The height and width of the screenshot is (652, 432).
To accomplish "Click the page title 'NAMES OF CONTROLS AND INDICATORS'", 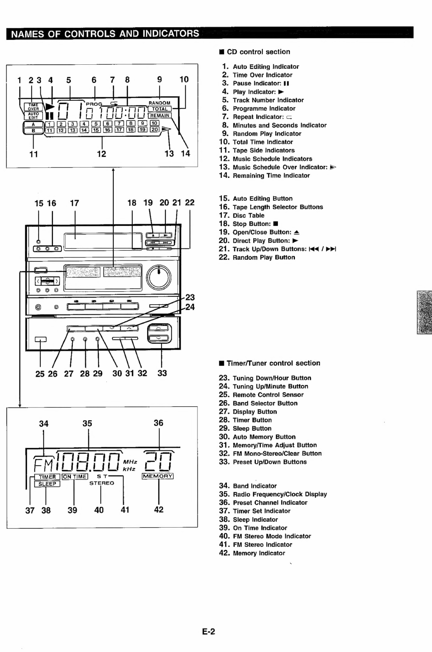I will pos(105,34).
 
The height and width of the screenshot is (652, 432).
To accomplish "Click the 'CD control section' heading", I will pos(258,52).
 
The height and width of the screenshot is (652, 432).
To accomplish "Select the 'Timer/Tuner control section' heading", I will pos(273,363).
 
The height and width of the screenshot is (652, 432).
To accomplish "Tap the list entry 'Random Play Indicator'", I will pos(267,134).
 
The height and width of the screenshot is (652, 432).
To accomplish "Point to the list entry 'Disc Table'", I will pos(248,216).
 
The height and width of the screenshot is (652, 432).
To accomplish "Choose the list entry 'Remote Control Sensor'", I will pos(268,395).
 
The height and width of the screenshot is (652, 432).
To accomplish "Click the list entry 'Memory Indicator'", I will pos(259,553).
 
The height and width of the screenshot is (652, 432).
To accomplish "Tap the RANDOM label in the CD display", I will pos(159,103).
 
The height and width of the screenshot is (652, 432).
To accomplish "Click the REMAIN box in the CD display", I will pos(159,116).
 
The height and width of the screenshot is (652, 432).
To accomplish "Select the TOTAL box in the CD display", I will pos(159,109).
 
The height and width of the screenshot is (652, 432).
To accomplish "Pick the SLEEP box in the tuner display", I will pos(47,484).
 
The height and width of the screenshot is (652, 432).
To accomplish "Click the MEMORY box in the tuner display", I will pos(158,476).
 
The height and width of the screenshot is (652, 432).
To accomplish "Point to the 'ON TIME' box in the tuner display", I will pos(75,477).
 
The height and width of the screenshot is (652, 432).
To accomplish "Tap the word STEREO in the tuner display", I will pos(102,483).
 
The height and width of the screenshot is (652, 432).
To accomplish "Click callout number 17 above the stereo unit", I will pos(74,203).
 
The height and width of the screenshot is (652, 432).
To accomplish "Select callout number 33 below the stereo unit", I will pos(162,373).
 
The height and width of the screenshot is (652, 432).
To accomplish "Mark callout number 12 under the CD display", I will pos(101,154).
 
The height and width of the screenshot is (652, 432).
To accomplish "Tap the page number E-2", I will pos(209,631).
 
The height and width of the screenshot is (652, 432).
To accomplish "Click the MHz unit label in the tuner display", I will pos(130,462).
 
